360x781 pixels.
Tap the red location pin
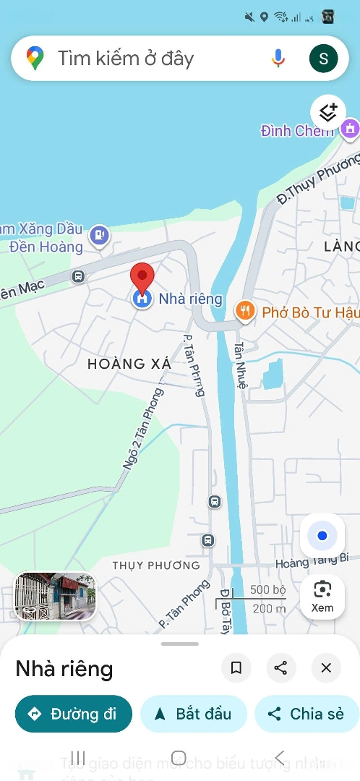pos(142,276)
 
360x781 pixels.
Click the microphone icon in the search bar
pos(278,58)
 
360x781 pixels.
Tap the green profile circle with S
pos(323,58)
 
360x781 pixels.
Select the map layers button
pos(328,113)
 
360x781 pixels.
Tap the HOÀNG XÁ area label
pos(129,364)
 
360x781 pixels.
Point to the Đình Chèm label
pos(296,131)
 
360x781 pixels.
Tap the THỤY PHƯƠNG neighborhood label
pos(156,566)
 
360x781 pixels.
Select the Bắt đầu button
pos(193,714)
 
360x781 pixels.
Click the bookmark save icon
pos(236,667)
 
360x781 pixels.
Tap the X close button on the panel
pos(326,667)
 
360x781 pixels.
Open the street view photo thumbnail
pos(56,597)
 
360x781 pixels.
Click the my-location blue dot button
pos(322,536)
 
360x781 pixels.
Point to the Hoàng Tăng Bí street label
pos(312,559)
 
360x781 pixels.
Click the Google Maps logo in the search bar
pos(35,58)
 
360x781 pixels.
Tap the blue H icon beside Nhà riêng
pos(142,298)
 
